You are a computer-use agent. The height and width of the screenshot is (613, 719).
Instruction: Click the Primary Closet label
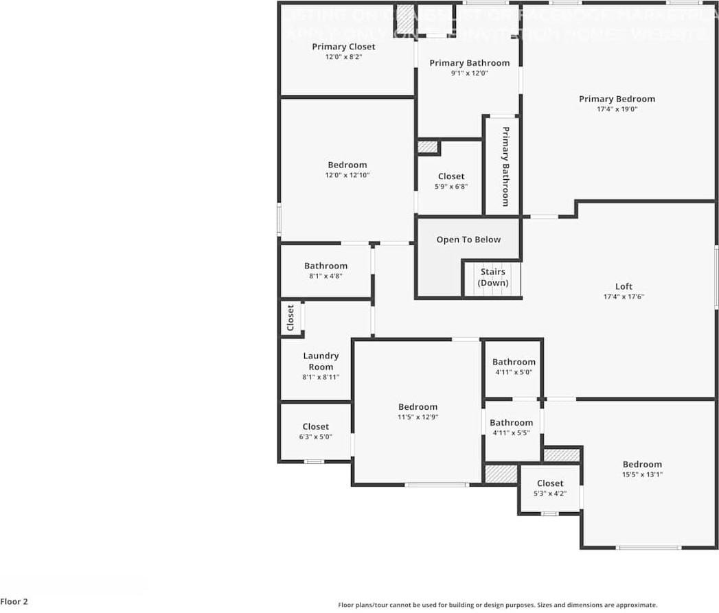343,47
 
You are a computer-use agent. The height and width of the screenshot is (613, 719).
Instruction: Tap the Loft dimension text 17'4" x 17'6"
624,297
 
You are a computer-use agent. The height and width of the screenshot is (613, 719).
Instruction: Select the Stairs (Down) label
493,277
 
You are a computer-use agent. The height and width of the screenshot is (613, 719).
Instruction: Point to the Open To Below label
468,240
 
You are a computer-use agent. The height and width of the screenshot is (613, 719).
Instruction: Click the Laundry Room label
321,361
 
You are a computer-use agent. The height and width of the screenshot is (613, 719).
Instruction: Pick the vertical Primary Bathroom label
505,166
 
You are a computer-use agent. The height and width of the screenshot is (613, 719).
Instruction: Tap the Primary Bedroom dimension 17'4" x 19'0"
617,109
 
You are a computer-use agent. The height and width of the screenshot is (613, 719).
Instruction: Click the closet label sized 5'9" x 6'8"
451,176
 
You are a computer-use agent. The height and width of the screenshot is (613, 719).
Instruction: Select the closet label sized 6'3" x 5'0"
315,426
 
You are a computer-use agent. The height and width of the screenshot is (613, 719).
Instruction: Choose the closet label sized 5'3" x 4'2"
550,483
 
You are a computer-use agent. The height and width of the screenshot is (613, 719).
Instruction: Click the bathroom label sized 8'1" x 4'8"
326,266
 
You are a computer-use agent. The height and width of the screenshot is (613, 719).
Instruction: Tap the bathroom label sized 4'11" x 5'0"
513,362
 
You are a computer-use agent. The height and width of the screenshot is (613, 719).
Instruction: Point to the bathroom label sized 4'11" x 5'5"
511,422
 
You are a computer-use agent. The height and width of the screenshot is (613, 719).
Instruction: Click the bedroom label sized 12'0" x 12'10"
347,165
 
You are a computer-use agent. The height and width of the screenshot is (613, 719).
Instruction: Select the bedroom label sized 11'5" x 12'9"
418,406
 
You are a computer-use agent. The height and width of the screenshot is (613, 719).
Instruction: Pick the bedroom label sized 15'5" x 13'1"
642,464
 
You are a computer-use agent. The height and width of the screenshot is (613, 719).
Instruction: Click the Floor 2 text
14,602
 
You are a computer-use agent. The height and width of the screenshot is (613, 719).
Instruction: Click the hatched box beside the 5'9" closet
428,147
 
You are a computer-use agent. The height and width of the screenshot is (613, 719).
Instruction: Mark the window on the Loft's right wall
716,277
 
